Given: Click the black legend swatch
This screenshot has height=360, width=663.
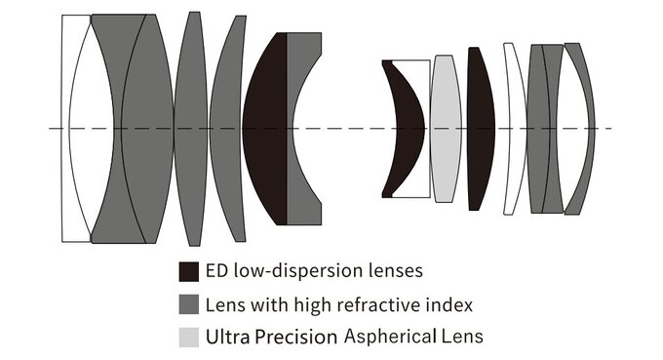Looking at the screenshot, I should point(189,270).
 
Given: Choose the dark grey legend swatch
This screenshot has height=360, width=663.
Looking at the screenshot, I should point(189,304).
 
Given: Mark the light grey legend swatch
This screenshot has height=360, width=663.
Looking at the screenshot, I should point(189,338).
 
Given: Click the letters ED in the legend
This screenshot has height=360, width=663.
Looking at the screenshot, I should point(217,270).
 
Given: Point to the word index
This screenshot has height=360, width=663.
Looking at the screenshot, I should point(451,304).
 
